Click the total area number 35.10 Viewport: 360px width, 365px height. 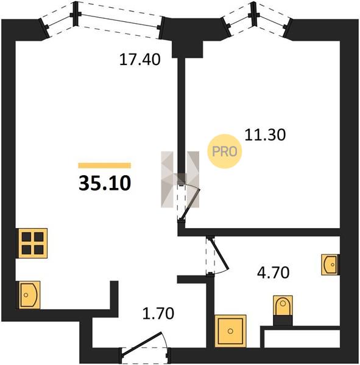105,184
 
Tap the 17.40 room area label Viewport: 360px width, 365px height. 139,60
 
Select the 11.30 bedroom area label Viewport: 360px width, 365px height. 265,135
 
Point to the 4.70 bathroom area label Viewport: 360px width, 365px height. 274,273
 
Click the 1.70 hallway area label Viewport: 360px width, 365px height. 158,313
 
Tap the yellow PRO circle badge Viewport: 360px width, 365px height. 225,151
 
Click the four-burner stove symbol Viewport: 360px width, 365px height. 33,243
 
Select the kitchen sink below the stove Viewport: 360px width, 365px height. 29,295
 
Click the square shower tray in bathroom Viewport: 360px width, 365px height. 230,331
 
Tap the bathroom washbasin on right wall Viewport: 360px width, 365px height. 330,265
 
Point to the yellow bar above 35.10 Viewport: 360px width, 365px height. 104,165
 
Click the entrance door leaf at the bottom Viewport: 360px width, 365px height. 141,344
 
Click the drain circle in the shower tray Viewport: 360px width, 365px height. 230,331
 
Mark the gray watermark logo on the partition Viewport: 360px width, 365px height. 180,179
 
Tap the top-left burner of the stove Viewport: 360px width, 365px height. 27,237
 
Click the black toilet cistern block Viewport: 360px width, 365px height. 283,321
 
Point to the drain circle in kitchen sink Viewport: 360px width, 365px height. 26,295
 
